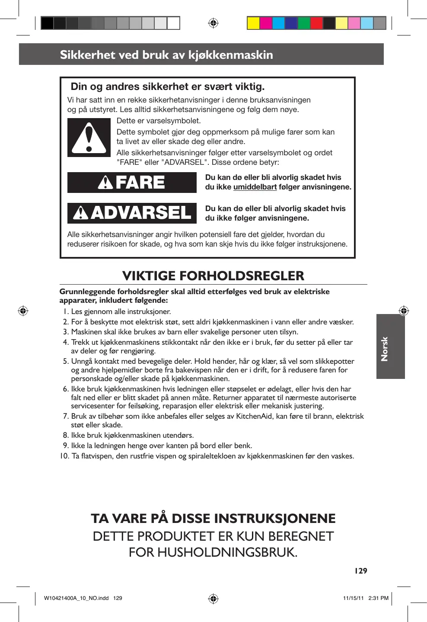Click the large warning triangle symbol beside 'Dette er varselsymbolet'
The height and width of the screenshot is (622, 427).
89,138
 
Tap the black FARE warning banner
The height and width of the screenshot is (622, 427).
132,183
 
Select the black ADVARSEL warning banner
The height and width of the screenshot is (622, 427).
132,213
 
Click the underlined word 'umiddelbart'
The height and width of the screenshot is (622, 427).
255,187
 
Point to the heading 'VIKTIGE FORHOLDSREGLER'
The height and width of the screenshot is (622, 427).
213,276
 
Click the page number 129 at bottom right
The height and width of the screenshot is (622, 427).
360,571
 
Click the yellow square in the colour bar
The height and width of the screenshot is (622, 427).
253,23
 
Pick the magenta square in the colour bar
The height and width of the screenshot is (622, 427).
266,23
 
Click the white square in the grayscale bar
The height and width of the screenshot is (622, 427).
173,23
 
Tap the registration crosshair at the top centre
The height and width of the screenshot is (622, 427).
213,23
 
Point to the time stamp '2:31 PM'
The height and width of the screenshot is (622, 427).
378,598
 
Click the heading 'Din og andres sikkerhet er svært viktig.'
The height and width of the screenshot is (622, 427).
168,87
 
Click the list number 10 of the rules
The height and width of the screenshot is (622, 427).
64,456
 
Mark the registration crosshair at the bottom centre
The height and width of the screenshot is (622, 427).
213,599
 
